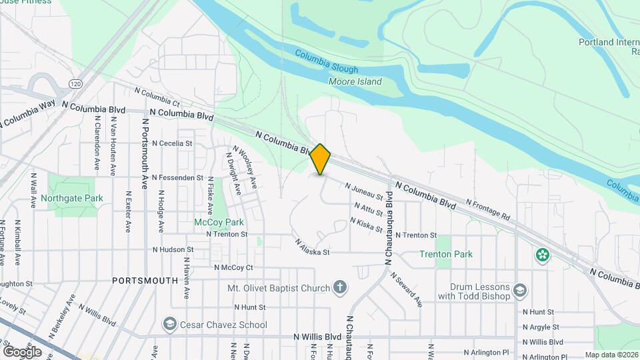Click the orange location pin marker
pos(321,159)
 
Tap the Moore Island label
pos(355,82)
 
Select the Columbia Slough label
pos(327,64)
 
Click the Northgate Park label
pos(72,198)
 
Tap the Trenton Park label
pos(446,254)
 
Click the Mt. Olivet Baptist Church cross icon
pos(341,289)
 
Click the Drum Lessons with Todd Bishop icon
pos(521,291)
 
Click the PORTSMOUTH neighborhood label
pos(145,281)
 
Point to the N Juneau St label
pos(364,192)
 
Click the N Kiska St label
pos(366,225)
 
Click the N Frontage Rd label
pos(487,209)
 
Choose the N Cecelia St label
pos(172,143)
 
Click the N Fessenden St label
pos(177,178)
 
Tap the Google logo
pos(23,351)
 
